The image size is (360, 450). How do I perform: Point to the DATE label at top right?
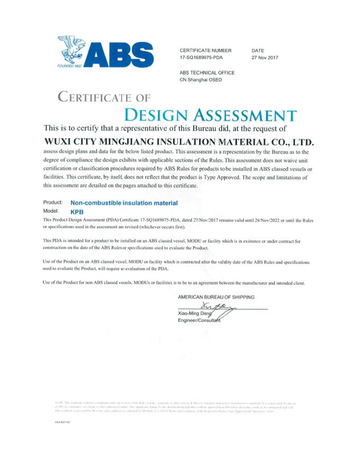(x=258, y=50)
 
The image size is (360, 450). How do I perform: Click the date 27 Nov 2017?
(x=265, y=57)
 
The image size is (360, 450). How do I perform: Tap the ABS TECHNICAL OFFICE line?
(x=207, y=73)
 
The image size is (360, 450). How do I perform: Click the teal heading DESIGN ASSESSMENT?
(x=210, y=114)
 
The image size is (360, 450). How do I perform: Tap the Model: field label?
(x=51, y=210)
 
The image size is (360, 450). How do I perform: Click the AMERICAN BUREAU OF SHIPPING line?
(x=217, y=297)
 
